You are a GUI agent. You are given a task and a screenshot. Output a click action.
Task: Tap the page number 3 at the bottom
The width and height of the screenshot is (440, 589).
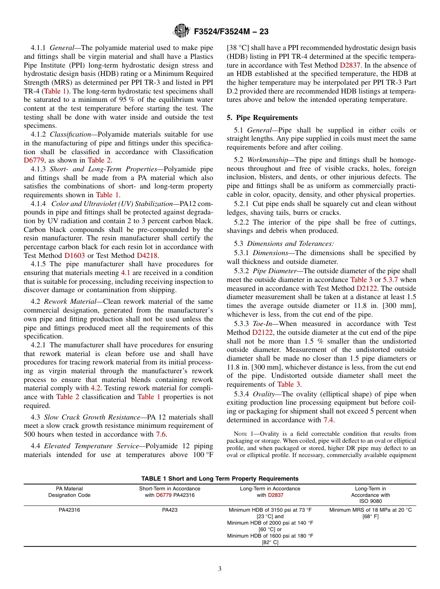220,569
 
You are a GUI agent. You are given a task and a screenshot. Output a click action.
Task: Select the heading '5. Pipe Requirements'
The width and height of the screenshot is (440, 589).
262,118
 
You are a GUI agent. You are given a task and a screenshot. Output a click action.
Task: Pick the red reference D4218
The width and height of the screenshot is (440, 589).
147,255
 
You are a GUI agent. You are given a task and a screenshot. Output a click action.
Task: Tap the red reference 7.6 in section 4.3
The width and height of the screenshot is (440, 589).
161,434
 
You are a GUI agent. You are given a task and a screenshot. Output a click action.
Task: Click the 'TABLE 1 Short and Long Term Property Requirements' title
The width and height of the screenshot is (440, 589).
220,479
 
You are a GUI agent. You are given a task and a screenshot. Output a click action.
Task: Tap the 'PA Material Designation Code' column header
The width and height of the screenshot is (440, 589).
69,492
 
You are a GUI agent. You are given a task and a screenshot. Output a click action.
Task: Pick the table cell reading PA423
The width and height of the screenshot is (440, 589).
170,510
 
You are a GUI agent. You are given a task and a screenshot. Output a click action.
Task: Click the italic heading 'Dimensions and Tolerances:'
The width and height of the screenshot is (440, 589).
290,243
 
